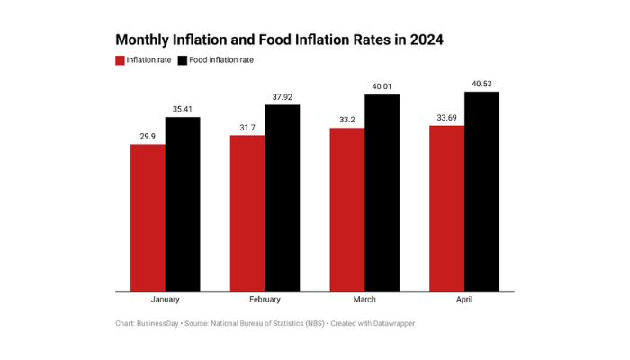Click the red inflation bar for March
pos(347,209)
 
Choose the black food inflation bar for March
pos(382,193)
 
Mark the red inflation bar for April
pos(447,208)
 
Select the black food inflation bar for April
pos(481,191)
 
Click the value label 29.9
pos(148,136)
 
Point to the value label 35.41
pos(183,109)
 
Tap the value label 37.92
pos(282,96)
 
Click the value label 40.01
pos(382,86)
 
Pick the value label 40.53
pos(481,84)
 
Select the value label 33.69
pos(447,118)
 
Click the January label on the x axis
pos(165,300)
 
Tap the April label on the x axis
pos(464,300)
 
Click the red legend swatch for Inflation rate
pos(121,60)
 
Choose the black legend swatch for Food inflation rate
pos(183,60)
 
